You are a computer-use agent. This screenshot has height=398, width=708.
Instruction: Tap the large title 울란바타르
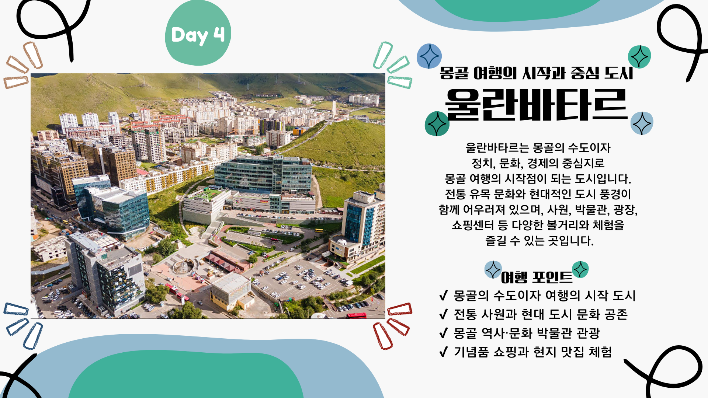point(537,105)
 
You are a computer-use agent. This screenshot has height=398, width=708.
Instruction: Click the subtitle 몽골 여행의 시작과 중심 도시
point(537,73)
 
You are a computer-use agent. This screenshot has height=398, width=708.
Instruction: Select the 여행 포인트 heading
point(537,277)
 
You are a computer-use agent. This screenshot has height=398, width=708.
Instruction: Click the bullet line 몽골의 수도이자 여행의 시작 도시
point(545,296)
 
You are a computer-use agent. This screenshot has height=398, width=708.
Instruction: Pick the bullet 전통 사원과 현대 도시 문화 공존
point(541,314)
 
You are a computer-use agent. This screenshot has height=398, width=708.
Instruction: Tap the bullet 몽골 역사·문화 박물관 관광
point(527,333)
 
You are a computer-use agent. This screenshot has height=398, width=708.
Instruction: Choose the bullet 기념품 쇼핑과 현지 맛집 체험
point(533,352)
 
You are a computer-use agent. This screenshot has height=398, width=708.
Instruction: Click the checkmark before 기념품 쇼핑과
point(444,352)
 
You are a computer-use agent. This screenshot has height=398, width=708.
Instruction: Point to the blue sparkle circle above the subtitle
point(429,56)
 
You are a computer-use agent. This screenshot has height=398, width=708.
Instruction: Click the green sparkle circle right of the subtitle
point(639,57)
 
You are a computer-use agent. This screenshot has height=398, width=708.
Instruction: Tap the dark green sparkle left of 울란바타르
point(437,124)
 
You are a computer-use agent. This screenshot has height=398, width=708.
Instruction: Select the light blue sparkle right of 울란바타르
point(642,123)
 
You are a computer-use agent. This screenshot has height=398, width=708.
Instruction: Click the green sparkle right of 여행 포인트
point(580,269)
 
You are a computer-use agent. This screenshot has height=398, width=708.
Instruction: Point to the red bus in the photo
point(357,315)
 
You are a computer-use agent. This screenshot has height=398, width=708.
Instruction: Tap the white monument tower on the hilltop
point(334,108)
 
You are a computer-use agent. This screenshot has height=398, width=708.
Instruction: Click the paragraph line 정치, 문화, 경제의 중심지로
point(538,163)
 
